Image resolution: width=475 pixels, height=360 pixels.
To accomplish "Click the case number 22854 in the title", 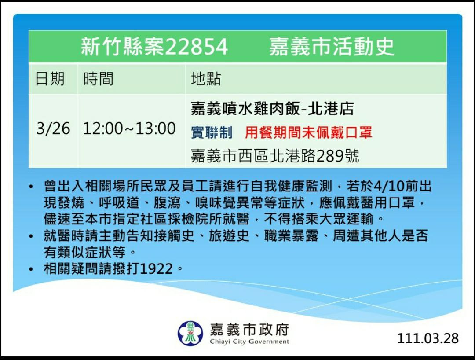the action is pyautogui.click(x=196, y=47).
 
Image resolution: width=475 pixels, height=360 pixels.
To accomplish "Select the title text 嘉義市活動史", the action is pyautogui.click(x=332, y=47).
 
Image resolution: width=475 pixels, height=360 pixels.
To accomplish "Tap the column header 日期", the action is pyautogui.click(x=50, y=79).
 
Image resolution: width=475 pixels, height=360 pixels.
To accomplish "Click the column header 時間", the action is pyautogui.click(x=99, y=79).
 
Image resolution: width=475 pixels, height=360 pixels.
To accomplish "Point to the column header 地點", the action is pyautogui.click(x=206, y=79).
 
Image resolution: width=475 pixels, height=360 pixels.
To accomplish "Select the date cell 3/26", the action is pyautogui.click(x=53, y=128).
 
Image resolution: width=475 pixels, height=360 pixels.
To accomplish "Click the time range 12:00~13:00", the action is pyautogui.click(x=129, y=128).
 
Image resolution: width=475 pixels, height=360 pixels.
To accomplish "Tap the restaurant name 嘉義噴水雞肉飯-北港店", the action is pyautogui.click(x=272, y=109).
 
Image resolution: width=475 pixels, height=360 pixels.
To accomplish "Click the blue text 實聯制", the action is pyautogui.click(x=212, y=133).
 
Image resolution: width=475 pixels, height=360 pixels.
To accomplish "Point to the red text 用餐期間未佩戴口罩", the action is pyautogui.click(x=308, y=133).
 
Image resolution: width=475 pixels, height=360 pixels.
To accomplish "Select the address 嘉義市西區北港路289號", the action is pyautogui.click(x=275, y=156).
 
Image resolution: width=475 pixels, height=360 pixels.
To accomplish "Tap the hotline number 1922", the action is pyautogui.click(x=157, y=269).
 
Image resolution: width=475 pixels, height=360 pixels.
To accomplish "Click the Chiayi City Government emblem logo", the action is pyautogui.click(x=190, y=333).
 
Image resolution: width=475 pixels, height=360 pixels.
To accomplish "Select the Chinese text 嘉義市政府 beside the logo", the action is pyautogui.click(x=249, y=330).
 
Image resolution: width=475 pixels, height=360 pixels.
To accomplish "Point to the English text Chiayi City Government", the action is pyautogui.click(x=249, y=342).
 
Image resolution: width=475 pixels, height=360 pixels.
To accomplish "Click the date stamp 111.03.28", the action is pyautogui.click(x=428, y=338).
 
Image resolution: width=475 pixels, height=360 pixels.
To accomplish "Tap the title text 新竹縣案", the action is pyautogui.click(x=122, y=47).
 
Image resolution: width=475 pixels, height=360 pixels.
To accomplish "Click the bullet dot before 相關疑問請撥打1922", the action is pyautogui.click(x=31, y=269).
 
